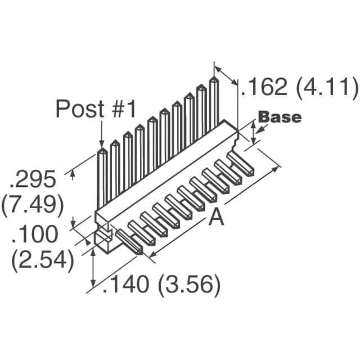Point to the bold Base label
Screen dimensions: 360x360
(x=280, y=118)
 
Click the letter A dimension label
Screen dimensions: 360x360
(x=216, y=217)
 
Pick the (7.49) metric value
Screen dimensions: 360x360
(x=32, y=205)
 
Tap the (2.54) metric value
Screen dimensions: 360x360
(x=43, y=260)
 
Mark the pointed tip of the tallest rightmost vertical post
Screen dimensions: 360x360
(x=214, y=79)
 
